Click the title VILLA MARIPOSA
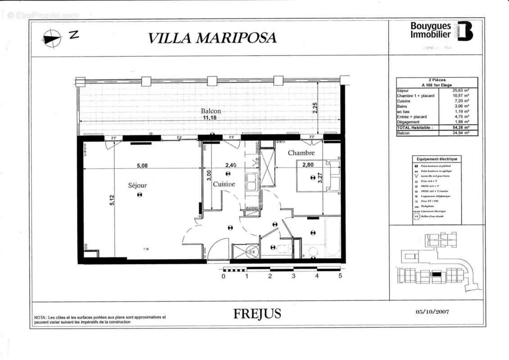pyautogui.click(x=212, y=38)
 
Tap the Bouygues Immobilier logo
pyautogui.click(x=441, y=31)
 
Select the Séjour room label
pyautogui.click(x=137, y=185)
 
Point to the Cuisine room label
pyautogui.click(x=224, y=184)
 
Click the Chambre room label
pyautogui.click(x=302, y=153)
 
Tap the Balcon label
pyautogui.click(x=211, y=111)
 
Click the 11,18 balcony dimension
pyautogui.click(x=210, y=118)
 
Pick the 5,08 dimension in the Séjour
pyautogui.click(x=142, y=165)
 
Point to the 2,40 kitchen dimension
pyautogui.click(x=230, y=165)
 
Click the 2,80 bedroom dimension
pyautogui.click(x=308, y=165)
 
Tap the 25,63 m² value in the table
pyautogui.click(x=460, y=90)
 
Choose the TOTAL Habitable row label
pyautogui.click(x=415, y=128)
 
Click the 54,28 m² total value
pyautogui.click(x=460, y=128)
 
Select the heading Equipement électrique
pyautogui.click(x=437, y=159)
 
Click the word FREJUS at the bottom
pyautogui.click(x=257, y=314)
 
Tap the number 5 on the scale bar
pyautogui.click(x=340, y=276)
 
